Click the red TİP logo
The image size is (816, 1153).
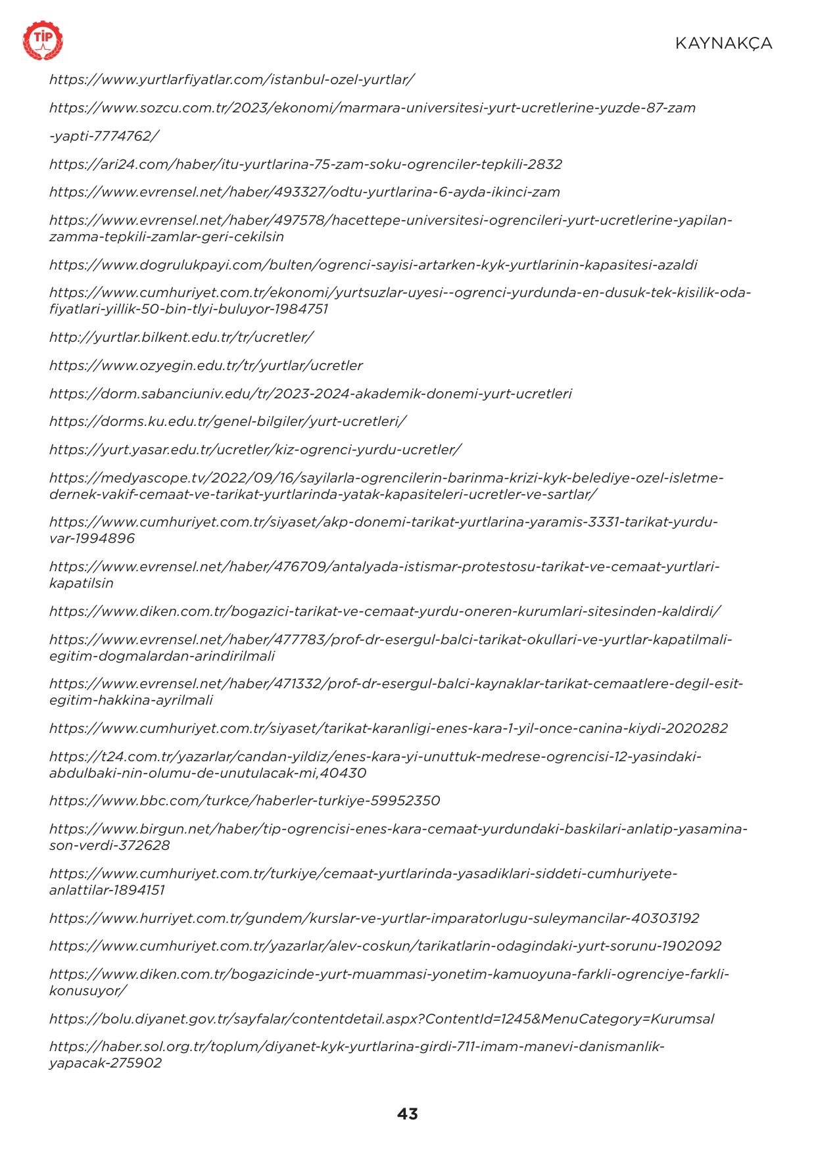pos(43,41)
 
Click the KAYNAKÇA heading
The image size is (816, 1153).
pos(723,43)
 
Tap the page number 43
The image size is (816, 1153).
pos(408,1114)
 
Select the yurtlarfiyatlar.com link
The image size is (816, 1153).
pos(231,80)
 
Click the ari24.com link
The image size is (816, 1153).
pos(305,164)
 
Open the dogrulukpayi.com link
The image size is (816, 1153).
pos(373,265)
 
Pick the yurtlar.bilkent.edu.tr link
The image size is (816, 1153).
pos(181,337)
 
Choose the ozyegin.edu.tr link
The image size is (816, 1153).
pos(206,365)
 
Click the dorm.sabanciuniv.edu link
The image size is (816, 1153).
pos(310,394)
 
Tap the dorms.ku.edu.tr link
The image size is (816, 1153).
pos(228,421)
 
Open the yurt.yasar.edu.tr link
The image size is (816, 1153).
pos(255,450)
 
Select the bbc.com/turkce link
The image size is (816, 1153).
pos(245,801)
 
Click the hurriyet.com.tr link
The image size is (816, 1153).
pos(374,918)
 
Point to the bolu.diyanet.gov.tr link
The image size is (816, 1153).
pos(381,1019)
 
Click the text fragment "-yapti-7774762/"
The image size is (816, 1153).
pos(104,136)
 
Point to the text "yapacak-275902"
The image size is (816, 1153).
pos(105,1063)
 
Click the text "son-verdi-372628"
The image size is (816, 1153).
pos(109,845)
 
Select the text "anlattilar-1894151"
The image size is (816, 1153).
pos(107,890)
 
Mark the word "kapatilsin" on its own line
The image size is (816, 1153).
pos(81,583)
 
